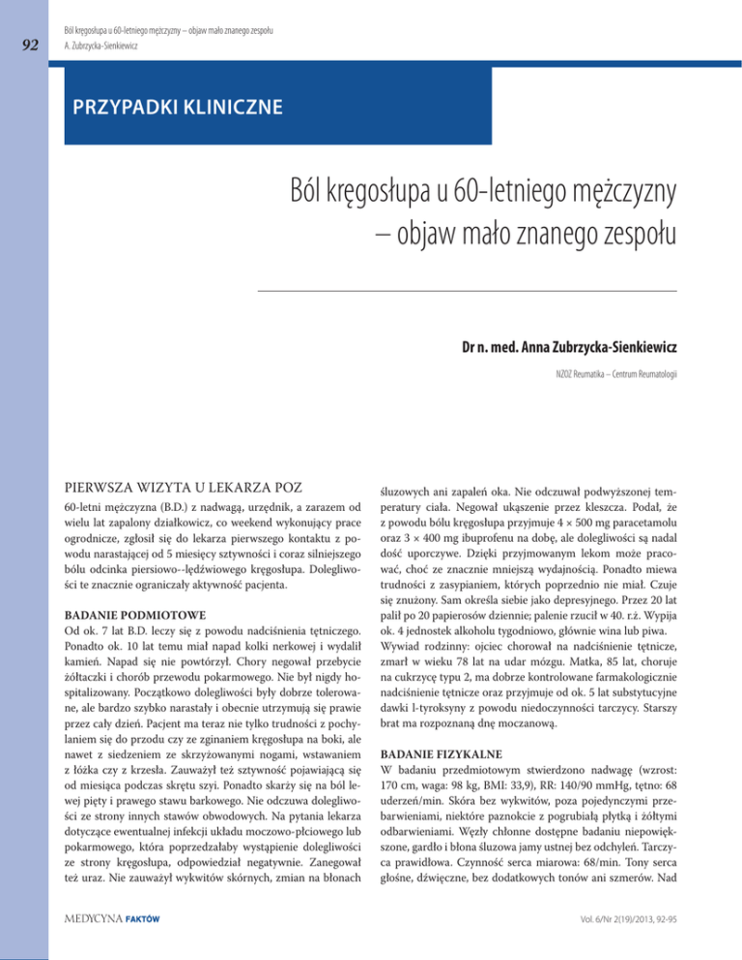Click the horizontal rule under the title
[x=468, y=289]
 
